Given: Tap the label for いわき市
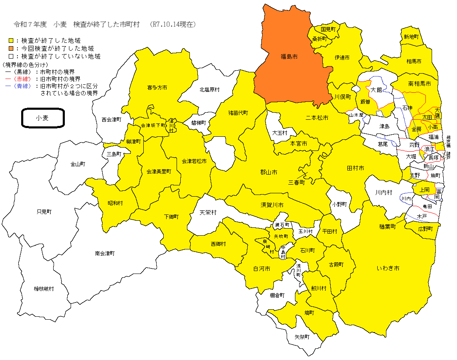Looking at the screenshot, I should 388,269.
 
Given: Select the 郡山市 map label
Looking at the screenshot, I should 268,172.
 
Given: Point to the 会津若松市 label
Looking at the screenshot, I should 194,161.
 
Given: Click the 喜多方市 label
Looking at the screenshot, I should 157,88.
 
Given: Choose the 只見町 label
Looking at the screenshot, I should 44,212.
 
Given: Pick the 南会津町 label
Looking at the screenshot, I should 104,253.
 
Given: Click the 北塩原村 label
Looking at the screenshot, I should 209,89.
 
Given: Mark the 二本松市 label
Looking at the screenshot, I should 317,118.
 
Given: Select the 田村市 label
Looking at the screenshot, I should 355,168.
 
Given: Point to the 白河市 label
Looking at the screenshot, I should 262,269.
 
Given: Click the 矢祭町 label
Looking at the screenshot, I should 302,337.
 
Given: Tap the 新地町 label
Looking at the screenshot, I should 411,37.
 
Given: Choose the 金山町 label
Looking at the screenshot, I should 77,164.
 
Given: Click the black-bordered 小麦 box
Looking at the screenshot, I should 42,118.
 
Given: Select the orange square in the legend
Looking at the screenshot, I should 11,48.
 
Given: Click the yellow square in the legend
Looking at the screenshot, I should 11,41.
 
